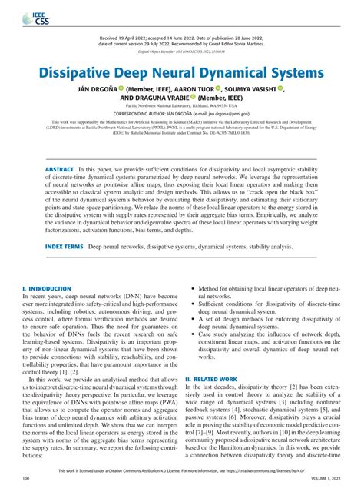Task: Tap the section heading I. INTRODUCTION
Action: coord(48,288)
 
